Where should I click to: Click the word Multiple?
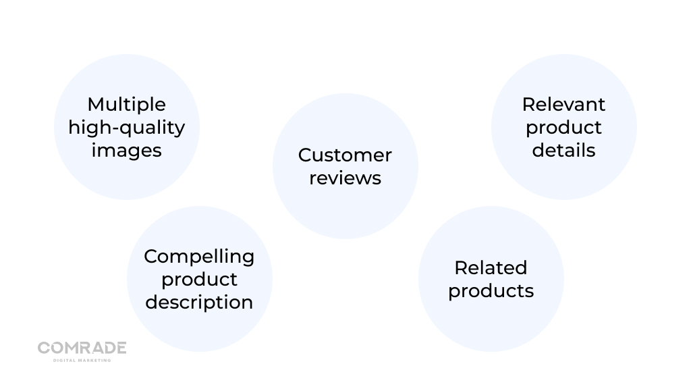pyautogui.click(x=126, y=105)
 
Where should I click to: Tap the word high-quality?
pyautogui.click(x=126, y=128)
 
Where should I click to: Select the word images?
pyautogui.click(x=126, y=151)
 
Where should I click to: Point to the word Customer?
pyautogui.click(x=345, y=155)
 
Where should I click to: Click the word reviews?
pyautogui.click(x=345, y=178)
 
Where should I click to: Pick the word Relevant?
pyautogui.click(x=563, y=105)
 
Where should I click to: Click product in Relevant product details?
pyautogui.click(x=563, y=128)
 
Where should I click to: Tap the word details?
pyautogui.click(x=563, y=150)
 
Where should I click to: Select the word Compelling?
pyautogui.click(x=199, y=257)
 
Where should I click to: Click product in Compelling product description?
pyautogui.click(x=199, y=280)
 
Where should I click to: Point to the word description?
pyautogui.click(x=199, y=302)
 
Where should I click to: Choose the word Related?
pyautogui.click(x=491, y=268)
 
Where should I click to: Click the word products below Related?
pyautogui.click(x=491, y=291)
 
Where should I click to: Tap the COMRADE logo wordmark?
pyautogui.click(x=82, y=348)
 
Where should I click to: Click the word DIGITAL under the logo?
pyautogui.click(x=64, y=360)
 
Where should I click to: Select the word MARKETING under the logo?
pyautogui.click(x=94, y=360)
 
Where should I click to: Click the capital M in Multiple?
pyautogui.click(x=95, y=105)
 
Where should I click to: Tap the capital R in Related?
pyautogui.click(x=460, y=268)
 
